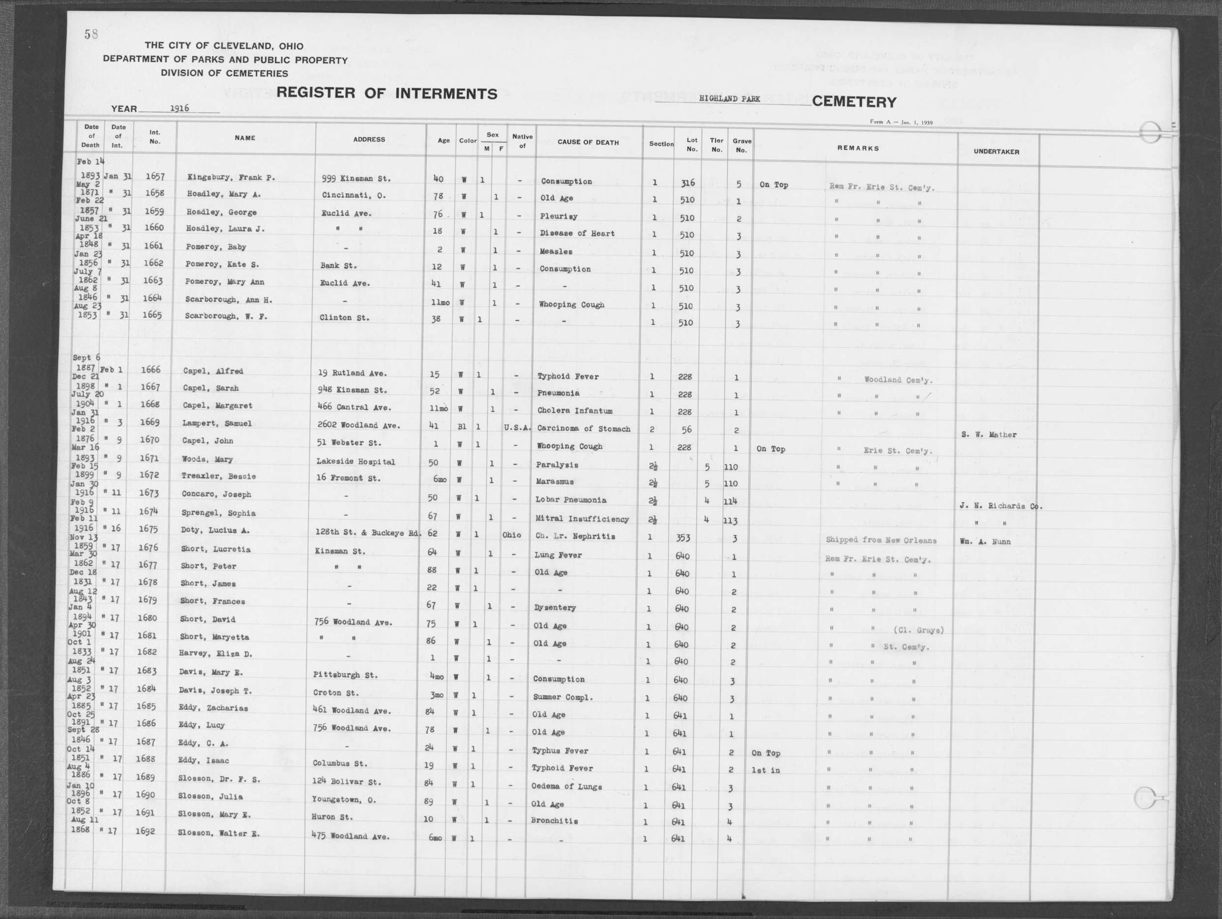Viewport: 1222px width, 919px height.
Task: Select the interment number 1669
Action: [150, 423]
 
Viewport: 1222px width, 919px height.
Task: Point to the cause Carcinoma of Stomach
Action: [583, 429]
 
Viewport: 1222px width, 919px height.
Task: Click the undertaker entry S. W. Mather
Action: [989, 434]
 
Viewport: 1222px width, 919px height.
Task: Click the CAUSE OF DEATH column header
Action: [588, 143]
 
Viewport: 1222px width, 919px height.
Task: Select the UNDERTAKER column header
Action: [996, 151]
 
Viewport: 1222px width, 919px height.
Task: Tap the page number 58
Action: [91, 34]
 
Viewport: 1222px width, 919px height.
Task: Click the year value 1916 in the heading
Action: [179, 108]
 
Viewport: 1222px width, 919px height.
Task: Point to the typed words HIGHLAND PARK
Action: [729, 99]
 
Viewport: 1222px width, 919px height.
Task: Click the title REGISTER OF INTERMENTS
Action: [386, 93]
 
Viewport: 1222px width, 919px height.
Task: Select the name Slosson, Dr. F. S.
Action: [219, 779]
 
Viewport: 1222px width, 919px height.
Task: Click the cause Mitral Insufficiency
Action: [582, 519]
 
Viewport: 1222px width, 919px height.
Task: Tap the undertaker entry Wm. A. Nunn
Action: [986, 542]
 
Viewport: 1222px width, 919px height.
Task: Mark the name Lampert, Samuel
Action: [217, 424]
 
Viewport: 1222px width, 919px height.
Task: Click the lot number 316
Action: [687, 183]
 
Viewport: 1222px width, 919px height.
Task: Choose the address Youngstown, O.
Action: [344, 800]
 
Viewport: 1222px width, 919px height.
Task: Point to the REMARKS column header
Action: [857, 148]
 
